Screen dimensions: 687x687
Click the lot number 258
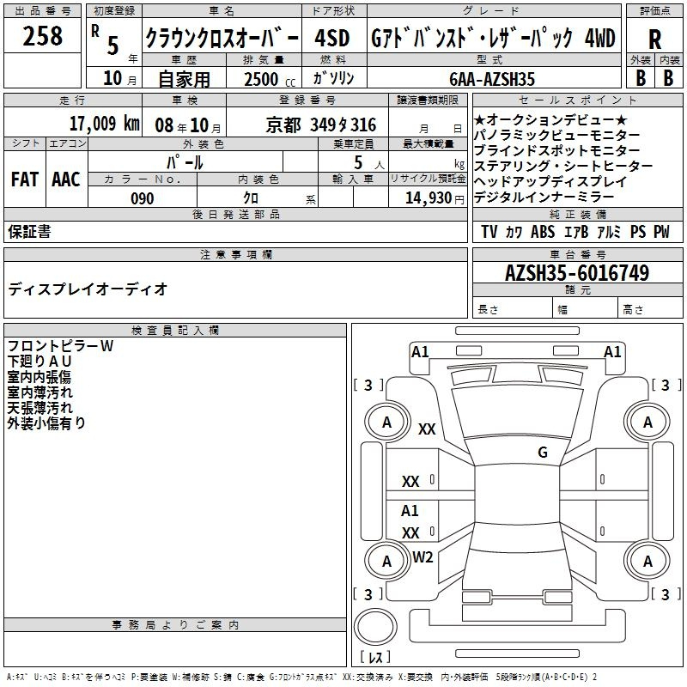click(x=43, y=36)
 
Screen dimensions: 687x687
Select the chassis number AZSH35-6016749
click(x=576, y=273)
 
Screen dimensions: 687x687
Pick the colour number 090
click(x=143, y=198)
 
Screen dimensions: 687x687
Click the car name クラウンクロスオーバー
click(x=222, y=39)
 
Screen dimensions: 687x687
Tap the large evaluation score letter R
click(x=654, y=40)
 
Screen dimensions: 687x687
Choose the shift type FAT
click(x=25, y=179)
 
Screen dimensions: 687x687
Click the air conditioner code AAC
click(x=66, y=179)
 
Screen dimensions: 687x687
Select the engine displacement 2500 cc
click(x=261, y=79)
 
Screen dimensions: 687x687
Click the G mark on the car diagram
click(x=542, y=453)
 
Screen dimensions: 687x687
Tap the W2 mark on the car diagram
click(x=423, y=557)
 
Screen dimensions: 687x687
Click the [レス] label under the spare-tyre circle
click(x=374, y=659)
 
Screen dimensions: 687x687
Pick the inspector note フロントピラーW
click(x=61, y=346)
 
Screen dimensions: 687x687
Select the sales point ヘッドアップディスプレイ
click(x=550, y=181)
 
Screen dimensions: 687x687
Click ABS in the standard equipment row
click(x=543, y=232)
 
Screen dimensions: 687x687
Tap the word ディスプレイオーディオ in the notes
click(x=88, y=289)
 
